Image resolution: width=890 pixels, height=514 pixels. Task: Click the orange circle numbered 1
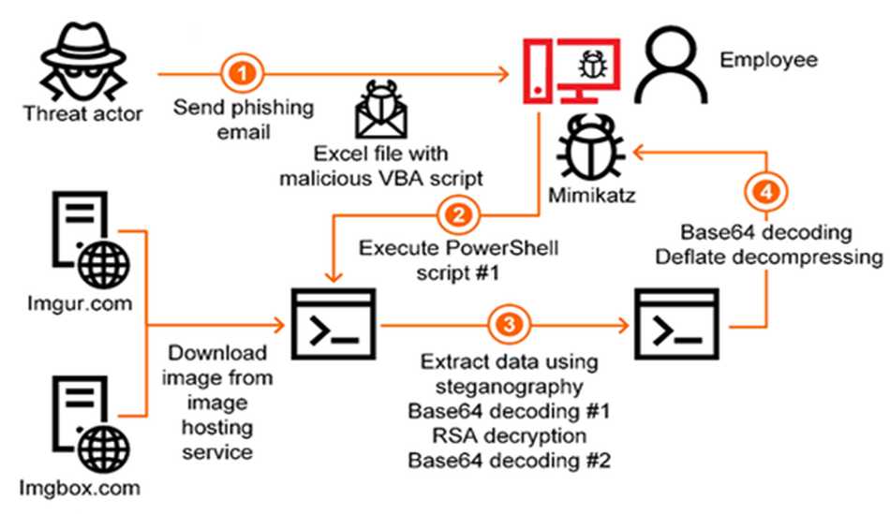tap(243, 71)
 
